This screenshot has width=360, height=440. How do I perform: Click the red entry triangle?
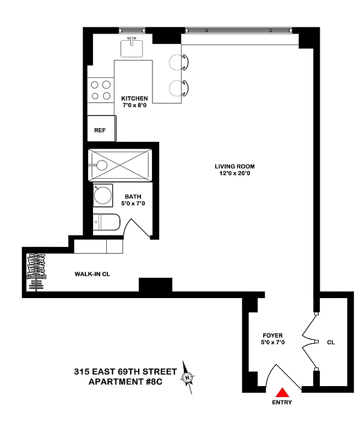pos(282,392)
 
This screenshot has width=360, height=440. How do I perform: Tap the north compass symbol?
pos(188,377)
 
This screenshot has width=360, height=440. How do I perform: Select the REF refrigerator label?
pos(100,130)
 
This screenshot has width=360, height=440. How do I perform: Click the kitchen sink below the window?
pos(132,47)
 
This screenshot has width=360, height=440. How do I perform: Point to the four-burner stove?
pos(100,90)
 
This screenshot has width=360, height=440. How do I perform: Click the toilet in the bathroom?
pos(105,223)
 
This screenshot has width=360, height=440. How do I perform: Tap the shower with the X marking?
pos(120,163)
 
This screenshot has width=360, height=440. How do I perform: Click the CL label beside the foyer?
pos(331,342)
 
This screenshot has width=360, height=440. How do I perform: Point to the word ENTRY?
pos(282,403)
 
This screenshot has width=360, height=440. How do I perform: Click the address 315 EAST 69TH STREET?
pos(126,372)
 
